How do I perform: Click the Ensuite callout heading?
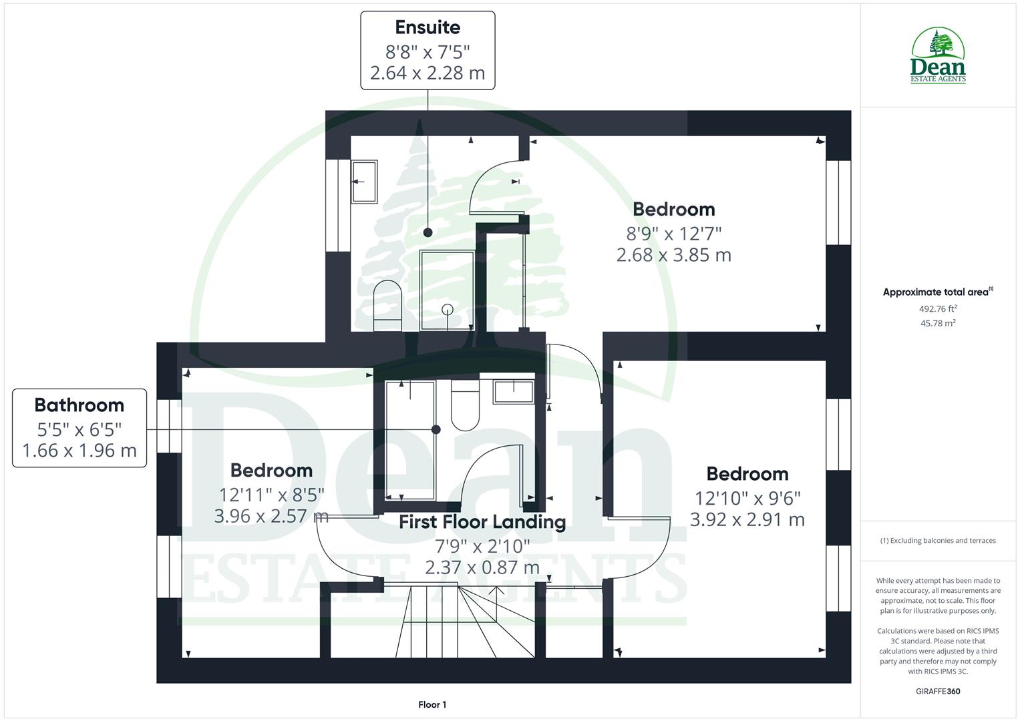(428, 27)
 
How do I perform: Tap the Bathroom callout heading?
(79, 405)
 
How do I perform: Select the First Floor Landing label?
(482, 522)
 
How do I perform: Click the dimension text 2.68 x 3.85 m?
(673, 255)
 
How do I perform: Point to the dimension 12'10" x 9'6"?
(747, 498)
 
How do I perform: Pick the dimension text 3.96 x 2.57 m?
(271, 516)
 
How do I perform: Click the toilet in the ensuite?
(387, 304)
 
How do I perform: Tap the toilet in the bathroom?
(465, 404)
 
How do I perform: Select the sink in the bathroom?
(513, 391)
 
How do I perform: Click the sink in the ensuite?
(365, 182)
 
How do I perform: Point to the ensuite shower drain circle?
(448, 309)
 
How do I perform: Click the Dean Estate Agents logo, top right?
(938, 55)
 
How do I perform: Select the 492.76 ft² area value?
(938, 308)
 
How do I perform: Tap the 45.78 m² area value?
(938, 323)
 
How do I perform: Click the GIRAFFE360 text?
(938, 691)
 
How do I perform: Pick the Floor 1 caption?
(432, 704)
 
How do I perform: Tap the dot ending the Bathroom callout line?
(436, 429)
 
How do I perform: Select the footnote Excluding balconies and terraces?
(938, 541)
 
